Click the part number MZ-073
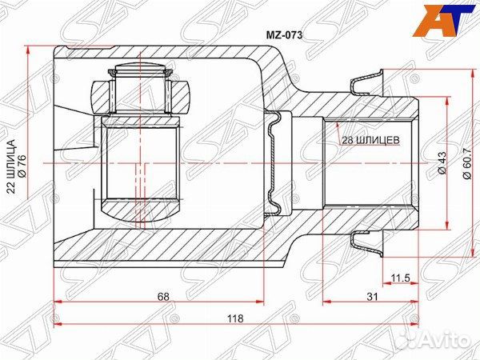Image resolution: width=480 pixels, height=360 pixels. (284, 35)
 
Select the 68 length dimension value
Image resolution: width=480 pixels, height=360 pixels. (163, 297)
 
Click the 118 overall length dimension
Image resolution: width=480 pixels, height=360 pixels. (236, 318)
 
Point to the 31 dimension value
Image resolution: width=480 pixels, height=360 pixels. (372, 297)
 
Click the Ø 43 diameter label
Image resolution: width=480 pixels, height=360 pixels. (442, 163)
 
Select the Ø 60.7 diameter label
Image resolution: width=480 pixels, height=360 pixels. (466, 163)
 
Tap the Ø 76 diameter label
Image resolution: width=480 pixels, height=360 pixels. (22, 166)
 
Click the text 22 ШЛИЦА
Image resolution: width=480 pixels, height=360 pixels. (11, 166)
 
